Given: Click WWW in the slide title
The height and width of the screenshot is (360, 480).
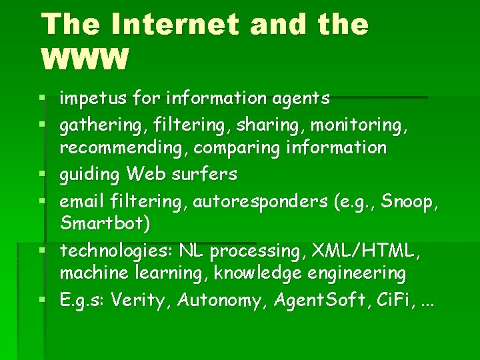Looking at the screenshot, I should (x=84, y=59).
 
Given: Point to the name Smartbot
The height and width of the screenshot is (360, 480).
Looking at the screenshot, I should (x=103, y=223).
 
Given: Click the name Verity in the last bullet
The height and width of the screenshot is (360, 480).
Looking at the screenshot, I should (x=143, y=301).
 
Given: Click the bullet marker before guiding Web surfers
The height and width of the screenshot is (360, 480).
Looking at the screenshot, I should (x=44, y=175).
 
